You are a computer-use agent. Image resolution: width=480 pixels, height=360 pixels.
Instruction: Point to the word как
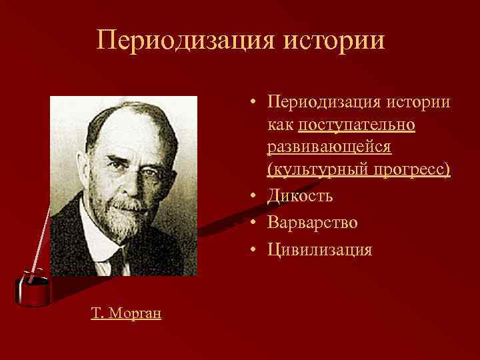tap(281, 125)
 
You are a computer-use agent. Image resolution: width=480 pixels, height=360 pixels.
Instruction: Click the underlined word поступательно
tap(357, 125)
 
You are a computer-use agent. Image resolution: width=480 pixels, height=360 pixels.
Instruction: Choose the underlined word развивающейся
tap(329, 147)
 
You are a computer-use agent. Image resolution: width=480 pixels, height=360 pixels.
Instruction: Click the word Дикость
tap(300, 196)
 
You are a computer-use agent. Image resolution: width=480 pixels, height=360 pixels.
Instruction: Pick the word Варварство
tap(312, 223)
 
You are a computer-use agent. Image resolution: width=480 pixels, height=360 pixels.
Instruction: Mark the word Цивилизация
tap(319, 249)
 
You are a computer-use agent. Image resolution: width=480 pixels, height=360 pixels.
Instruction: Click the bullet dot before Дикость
tap(254, 197)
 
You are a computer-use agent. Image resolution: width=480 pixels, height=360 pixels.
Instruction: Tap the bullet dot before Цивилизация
tap(254, 250)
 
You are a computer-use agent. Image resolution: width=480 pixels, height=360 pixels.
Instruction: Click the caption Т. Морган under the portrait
tap(126, 313)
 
